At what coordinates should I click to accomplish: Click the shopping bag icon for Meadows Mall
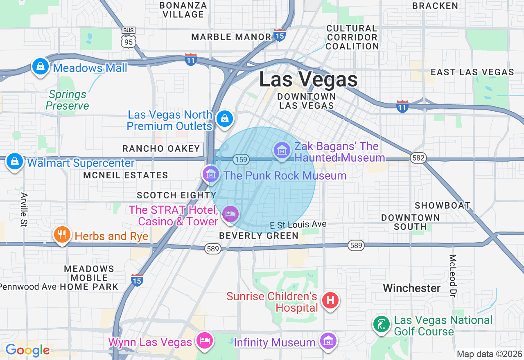click(41, 66)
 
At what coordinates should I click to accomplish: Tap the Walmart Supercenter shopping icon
click(15, 161)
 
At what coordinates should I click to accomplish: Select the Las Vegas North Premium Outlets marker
click(224, 119)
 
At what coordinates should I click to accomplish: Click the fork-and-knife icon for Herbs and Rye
click(62, 235)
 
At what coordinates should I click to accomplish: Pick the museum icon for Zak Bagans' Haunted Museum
click(282, 151)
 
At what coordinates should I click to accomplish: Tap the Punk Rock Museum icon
click(211, 174)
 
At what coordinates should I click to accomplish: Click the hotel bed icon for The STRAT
click(230, 214)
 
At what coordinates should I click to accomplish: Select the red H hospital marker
click(330, 301)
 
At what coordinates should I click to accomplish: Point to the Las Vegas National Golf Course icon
click(382, 324)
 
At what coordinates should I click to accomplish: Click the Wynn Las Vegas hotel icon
click(204, 340)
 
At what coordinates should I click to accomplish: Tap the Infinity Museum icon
click(328, 340)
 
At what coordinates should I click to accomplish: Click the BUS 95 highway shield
click(129, 38)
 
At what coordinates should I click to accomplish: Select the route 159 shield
click(242, 159)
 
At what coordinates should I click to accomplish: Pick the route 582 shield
click(419, 158)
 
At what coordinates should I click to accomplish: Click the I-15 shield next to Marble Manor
click(280, 35)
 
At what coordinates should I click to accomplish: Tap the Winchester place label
click(411, 288)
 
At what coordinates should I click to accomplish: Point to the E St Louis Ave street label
click(298, 225)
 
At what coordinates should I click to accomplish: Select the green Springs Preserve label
click(68, 100)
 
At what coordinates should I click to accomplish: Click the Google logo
click(27, 350)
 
